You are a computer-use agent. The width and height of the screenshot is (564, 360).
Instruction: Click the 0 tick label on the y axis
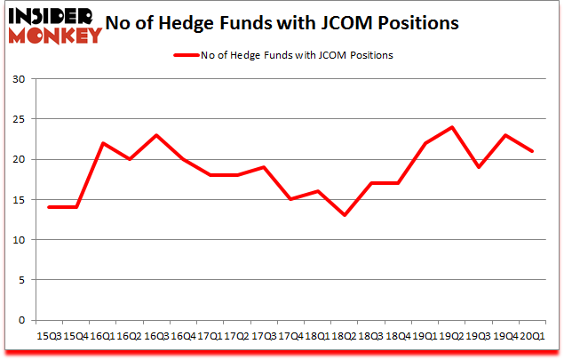tap(21, 320)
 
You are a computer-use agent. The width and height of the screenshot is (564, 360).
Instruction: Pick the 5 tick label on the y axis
tap(21, 280)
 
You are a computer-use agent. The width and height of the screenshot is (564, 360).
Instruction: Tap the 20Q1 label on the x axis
tap(531, 335)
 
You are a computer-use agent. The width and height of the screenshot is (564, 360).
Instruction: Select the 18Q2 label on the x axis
tap(345, 335)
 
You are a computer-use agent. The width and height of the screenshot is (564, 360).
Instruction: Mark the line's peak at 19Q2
tap(451, 127)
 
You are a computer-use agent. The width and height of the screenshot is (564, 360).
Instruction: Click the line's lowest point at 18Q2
tap(345, 215)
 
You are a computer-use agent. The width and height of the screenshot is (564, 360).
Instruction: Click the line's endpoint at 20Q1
tap(531, 151)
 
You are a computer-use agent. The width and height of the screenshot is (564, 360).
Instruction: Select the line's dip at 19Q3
tap(478, 167)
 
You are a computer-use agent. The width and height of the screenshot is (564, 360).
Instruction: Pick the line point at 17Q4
tap(291, 199)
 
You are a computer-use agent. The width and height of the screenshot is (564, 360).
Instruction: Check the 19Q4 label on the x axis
tap(504, 335)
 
